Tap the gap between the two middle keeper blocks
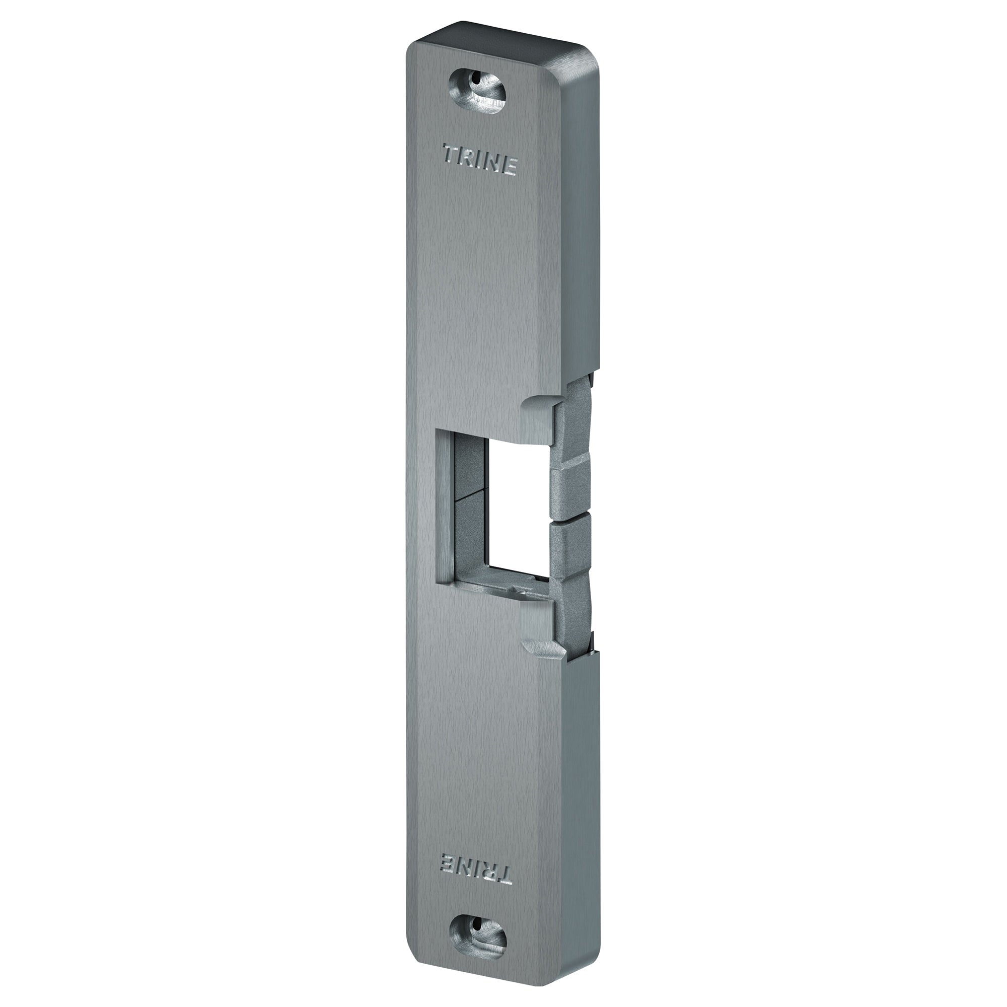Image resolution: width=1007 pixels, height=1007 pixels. click(x=571, y=509)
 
